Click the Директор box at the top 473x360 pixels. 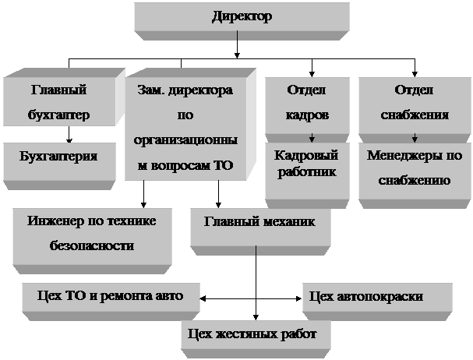pyautogui.click(x=242, y=18)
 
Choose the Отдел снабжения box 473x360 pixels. pyautogui.click(x=414, y=103)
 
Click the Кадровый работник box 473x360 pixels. pyautogui.click(x=306, y=164)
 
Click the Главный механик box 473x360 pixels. pyautogui.click(x=259, y=223)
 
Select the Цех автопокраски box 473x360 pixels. pyautogui.click(x=376, y=297)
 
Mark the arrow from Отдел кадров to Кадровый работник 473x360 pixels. pyautogui.click(x=312, y=137)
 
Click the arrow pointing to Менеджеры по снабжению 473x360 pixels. pyautogui.click(x=414, y=137)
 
